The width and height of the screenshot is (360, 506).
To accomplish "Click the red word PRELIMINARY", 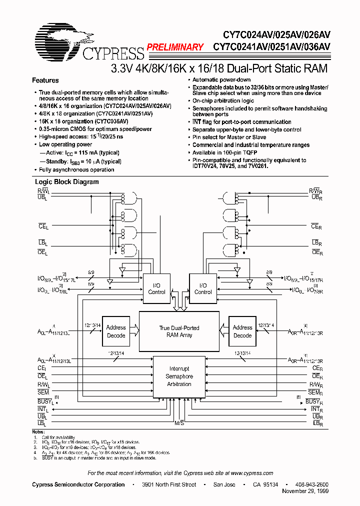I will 174,47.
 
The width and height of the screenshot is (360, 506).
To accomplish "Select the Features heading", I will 45,80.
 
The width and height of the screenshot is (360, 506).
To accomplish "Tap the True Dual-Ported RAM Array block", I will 179,331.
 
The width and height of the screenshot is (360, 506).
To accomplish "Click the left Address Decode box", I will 116,331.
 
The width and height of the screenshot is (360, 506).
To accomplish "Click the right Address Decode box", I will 242,331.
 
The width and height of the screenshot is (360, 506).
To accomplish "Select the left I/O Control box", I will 156,288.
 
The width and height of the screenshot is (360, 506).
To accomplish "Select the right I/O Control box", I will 203,288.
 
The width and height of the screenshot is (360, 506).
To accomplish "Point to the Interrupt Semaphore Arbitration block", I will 179,376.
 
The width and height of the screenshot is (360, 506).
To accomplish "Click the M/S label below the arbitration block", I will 179,423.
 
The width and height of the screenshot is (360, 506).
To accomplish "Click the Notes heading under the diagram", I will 38,431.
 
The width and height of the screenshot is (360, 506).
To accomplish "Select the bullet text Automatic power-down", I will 221,80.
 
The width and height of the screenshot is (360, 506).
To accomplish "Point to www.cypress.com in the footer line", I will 252,473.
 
